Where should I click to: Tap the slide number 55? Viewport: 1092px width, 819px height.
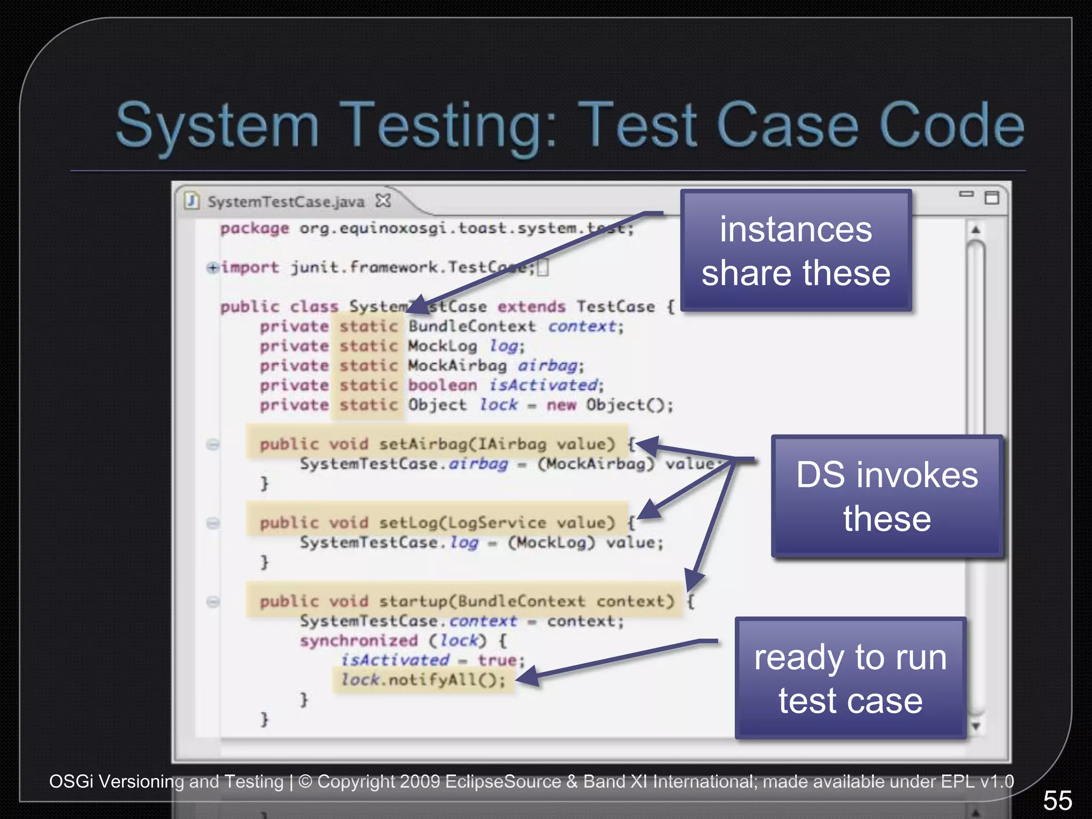pos(1057,800)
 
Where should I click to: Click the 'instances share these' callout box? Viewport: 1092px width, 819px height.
pos(796,251)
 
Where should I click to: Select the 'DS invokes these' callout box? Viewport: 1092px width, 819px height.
pos(887,496)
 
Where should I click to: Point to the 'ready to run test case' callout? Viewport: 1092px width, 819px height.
pos(850,678)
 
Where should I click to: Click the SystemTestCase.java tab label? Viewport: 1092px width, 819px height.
pos(286,202)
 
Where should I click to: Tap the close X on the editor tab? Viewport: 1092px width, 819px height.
pos(383,201)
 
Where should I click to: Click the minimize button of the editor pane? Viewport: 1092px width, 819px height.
pos(966,194)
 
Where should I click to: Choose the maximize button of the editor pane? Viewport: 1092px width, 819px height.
pos(992,198)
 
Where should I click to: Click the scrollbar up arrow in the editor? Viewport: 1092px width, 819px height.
pos(976,230)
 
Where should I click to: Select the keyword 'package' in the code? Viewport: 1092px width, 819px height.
pos(254,228)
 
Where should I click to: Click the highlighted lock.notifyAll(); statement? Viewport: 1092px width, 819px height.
pos(423,680)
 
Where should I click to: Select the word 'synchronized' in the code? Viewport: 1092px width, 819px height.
pos(358,640)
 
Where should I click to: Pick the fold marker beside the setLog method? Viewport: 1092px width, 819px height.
pos(213,523)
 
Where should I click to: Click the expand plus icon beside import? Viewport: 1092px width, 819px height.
pos(213,268)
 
